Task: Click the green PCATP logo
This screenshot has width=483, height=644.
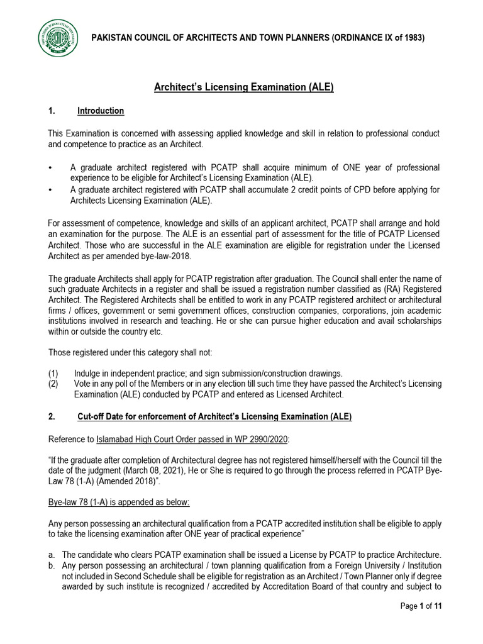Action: point(60,38)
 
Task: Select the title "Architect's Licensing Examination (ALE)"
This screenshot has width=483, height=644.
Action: point(244,87)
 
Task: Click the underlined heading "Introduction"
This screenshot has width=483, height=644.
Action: point(101,111)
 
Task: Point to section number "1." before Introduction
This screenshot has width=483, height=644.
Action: point(52,111)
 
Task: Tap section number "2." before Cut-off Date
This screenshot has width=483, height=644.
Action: point(52,417)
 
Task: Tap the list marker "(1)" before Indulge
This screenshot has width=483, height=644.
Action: point(53,373)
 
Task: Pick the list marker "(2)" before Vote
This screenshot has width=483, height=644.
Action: point(53,384)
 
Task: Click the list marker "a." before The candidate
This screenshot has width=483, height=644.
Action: point(52,555)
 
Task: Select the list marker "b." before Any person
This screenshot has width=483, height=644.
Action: point(52,565)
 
